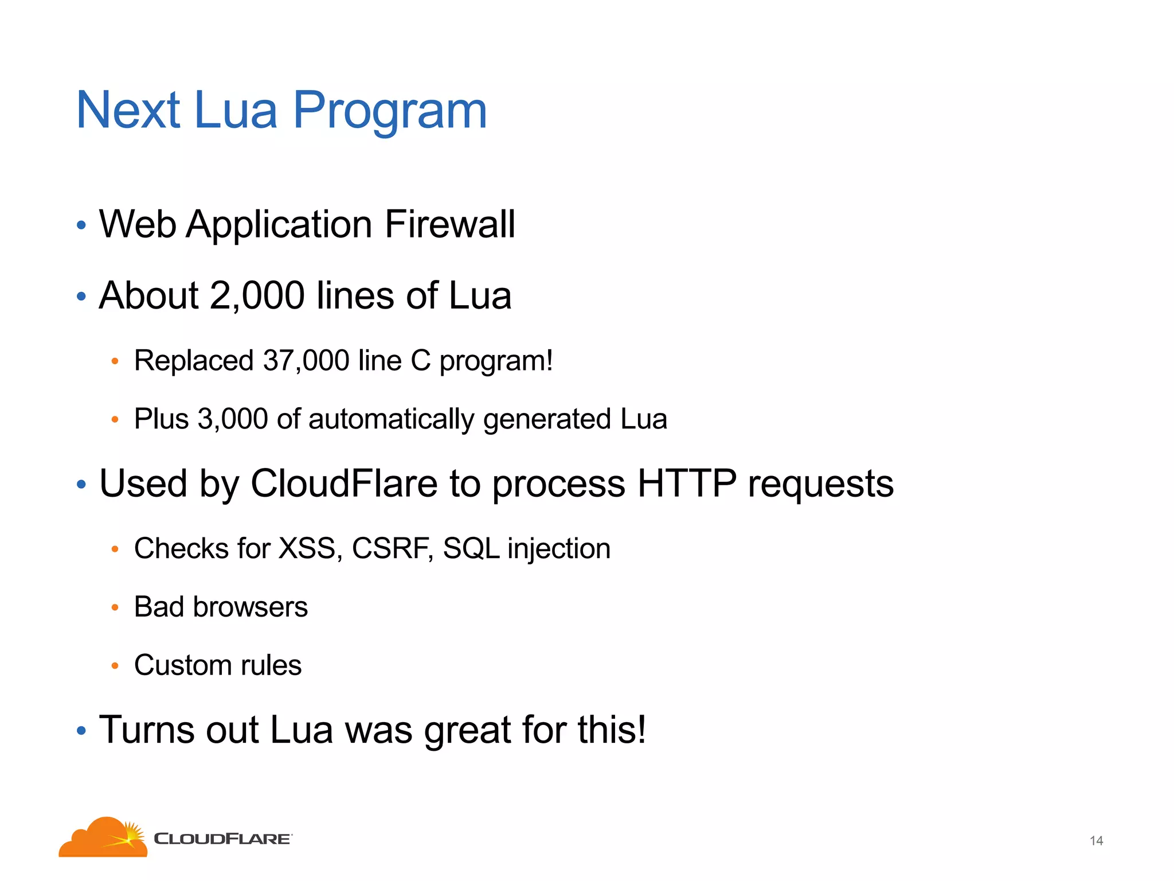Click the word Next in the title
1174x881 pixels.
coord(128,110)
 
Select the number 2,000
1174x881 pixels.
coord(257,296)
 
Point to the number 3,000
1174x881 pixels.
coord(233,419)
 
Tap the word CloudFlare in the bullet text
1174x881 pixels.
coord(344,484)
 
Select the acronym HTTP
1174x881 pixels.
coord(687,484)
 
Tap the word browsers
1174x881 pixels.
coord(251,607)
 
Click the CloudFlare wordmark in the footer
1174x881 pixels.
coord(222,839)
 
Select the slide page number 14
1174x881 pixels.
coord(1096,841)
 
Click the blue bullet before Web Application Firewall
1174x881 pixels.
coord(81,225)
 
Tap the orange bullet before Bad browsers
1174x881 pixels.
coord(115,607)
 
